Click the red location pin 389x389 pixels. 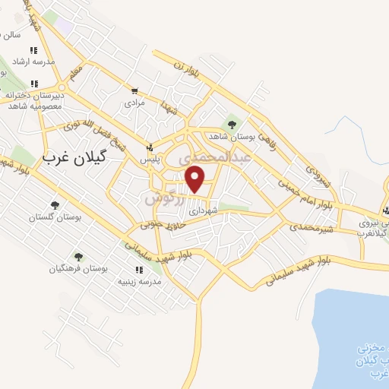tap(195, 179)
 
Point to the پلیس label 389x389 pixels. tap(150, 160)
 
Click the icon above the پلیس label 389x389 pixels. tap(150, 147)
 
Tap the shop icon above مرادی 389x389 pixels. tap(134, 89)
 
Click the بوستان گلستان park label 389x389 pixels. tap(54, 217)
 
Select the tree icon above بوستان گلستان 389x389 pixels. tap(54, 204)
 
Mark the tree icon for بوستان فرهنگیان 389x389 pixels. tap(78, 256)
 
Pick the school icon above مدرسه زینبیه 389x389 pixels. tap(138, 269)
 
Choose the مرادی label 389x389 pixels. tap(134, 101)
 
